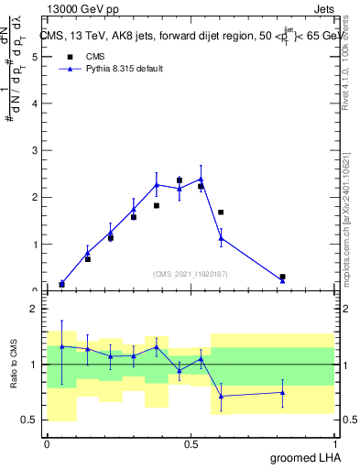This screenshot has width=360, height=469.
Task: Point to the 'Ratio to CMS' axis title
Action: (x=13, y=365)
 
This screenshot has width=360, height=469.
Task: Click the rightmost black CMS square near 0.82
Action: (x=282, y=277)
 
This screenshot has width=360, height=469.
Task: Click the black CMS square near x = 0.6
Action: (x=221, y=213)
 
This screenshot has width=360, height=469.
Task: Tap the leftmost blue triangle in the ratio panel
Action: (x=61, y=346)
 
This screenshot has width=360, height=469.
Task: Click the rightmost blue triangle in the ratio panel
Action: (x=282, y=392)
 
